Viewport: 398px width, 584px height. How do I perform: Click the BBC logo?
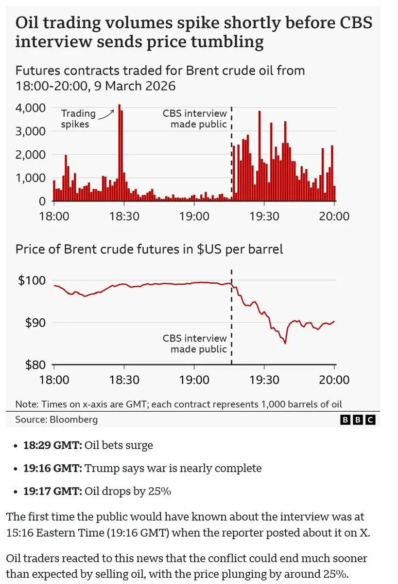(x=358, y=420)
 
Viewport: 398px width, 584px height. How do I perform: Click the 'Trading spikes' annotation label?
(x=75, y=119)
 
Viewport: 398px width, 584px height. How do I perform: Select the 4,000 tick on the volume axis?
(x=32, y=108)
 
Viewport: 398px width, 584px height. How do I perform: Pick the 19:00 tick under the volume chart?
(x=194, y=216)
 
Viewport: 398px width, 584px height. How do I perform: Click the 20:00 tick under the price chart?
(x=334, y=380)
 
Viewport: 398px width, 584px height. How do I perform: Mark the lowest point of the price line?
(x=285, y=343)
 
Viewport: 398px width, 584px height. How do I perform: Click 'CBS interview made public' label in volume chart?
(x=194, y=119)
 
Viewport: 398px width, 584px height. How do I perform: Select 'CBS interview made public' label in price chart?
(x=194, y=344)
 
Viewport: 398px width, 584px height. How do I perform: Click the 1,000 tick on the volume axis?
(x=32, y=178)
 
